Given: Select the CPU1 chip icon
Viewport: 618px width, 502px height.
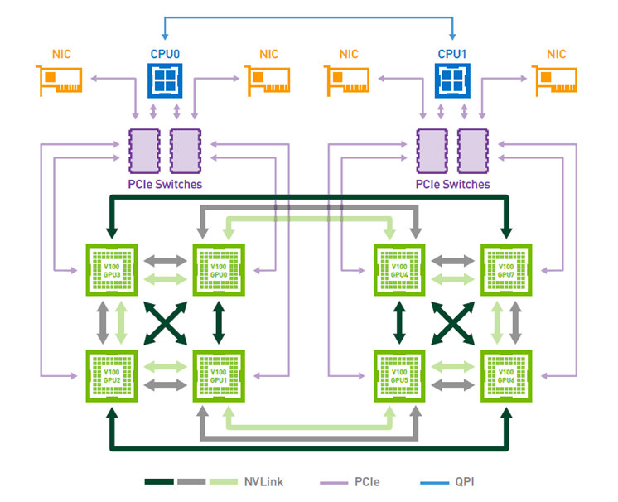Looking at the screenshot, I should [x=452, y=82].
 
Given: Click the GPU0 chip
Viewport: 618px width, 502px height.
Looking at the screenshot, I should [x=218, y=269].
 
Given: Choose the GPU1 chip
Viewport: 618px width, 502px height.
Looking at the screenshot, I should [x=218, y=375].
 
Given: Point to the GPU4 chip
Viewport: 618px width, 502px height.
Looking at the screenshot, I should [x=400, y=269].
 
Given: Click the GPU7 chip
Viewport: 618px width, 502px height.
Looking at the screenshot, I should [x=506, y=269].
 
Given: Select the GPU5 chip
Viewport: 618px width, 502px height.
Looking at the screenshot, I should [x=400, y=375].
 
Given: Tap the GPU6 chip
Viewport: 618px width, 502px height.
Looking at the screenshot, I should [x=506, y=375].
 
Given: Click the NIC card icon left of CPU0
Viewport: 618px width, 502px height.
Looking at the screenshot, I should [x=60, y=80].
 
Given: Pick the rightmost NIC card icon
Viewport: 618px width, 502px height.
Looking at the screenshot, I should [x=557, y=80].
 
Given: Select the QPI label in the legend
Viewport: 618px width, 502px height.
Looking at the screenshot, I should [x=462, y=481].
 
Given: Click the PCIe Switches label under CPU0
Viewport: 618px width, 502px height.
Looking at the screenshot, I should [x=164, y=184].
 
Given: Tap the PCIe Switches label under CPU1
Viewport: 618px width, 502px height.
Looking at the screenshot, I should [x=452, y=184].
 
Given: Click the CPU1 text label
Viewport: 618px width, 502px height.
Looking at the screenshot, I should [x=452, y=54].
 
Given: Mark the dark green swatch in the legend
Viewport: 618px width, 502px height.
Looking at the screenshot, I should [x=159, y=481].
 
